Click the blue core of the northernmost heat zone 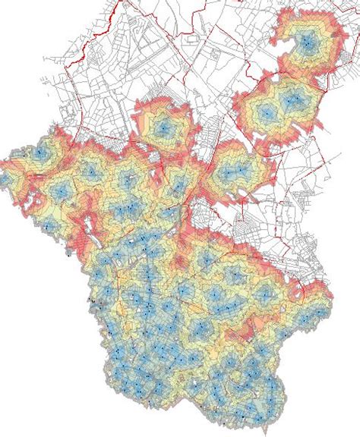click(x=305, y=45)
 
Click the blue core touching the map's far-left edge click(x=4, y=179)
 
